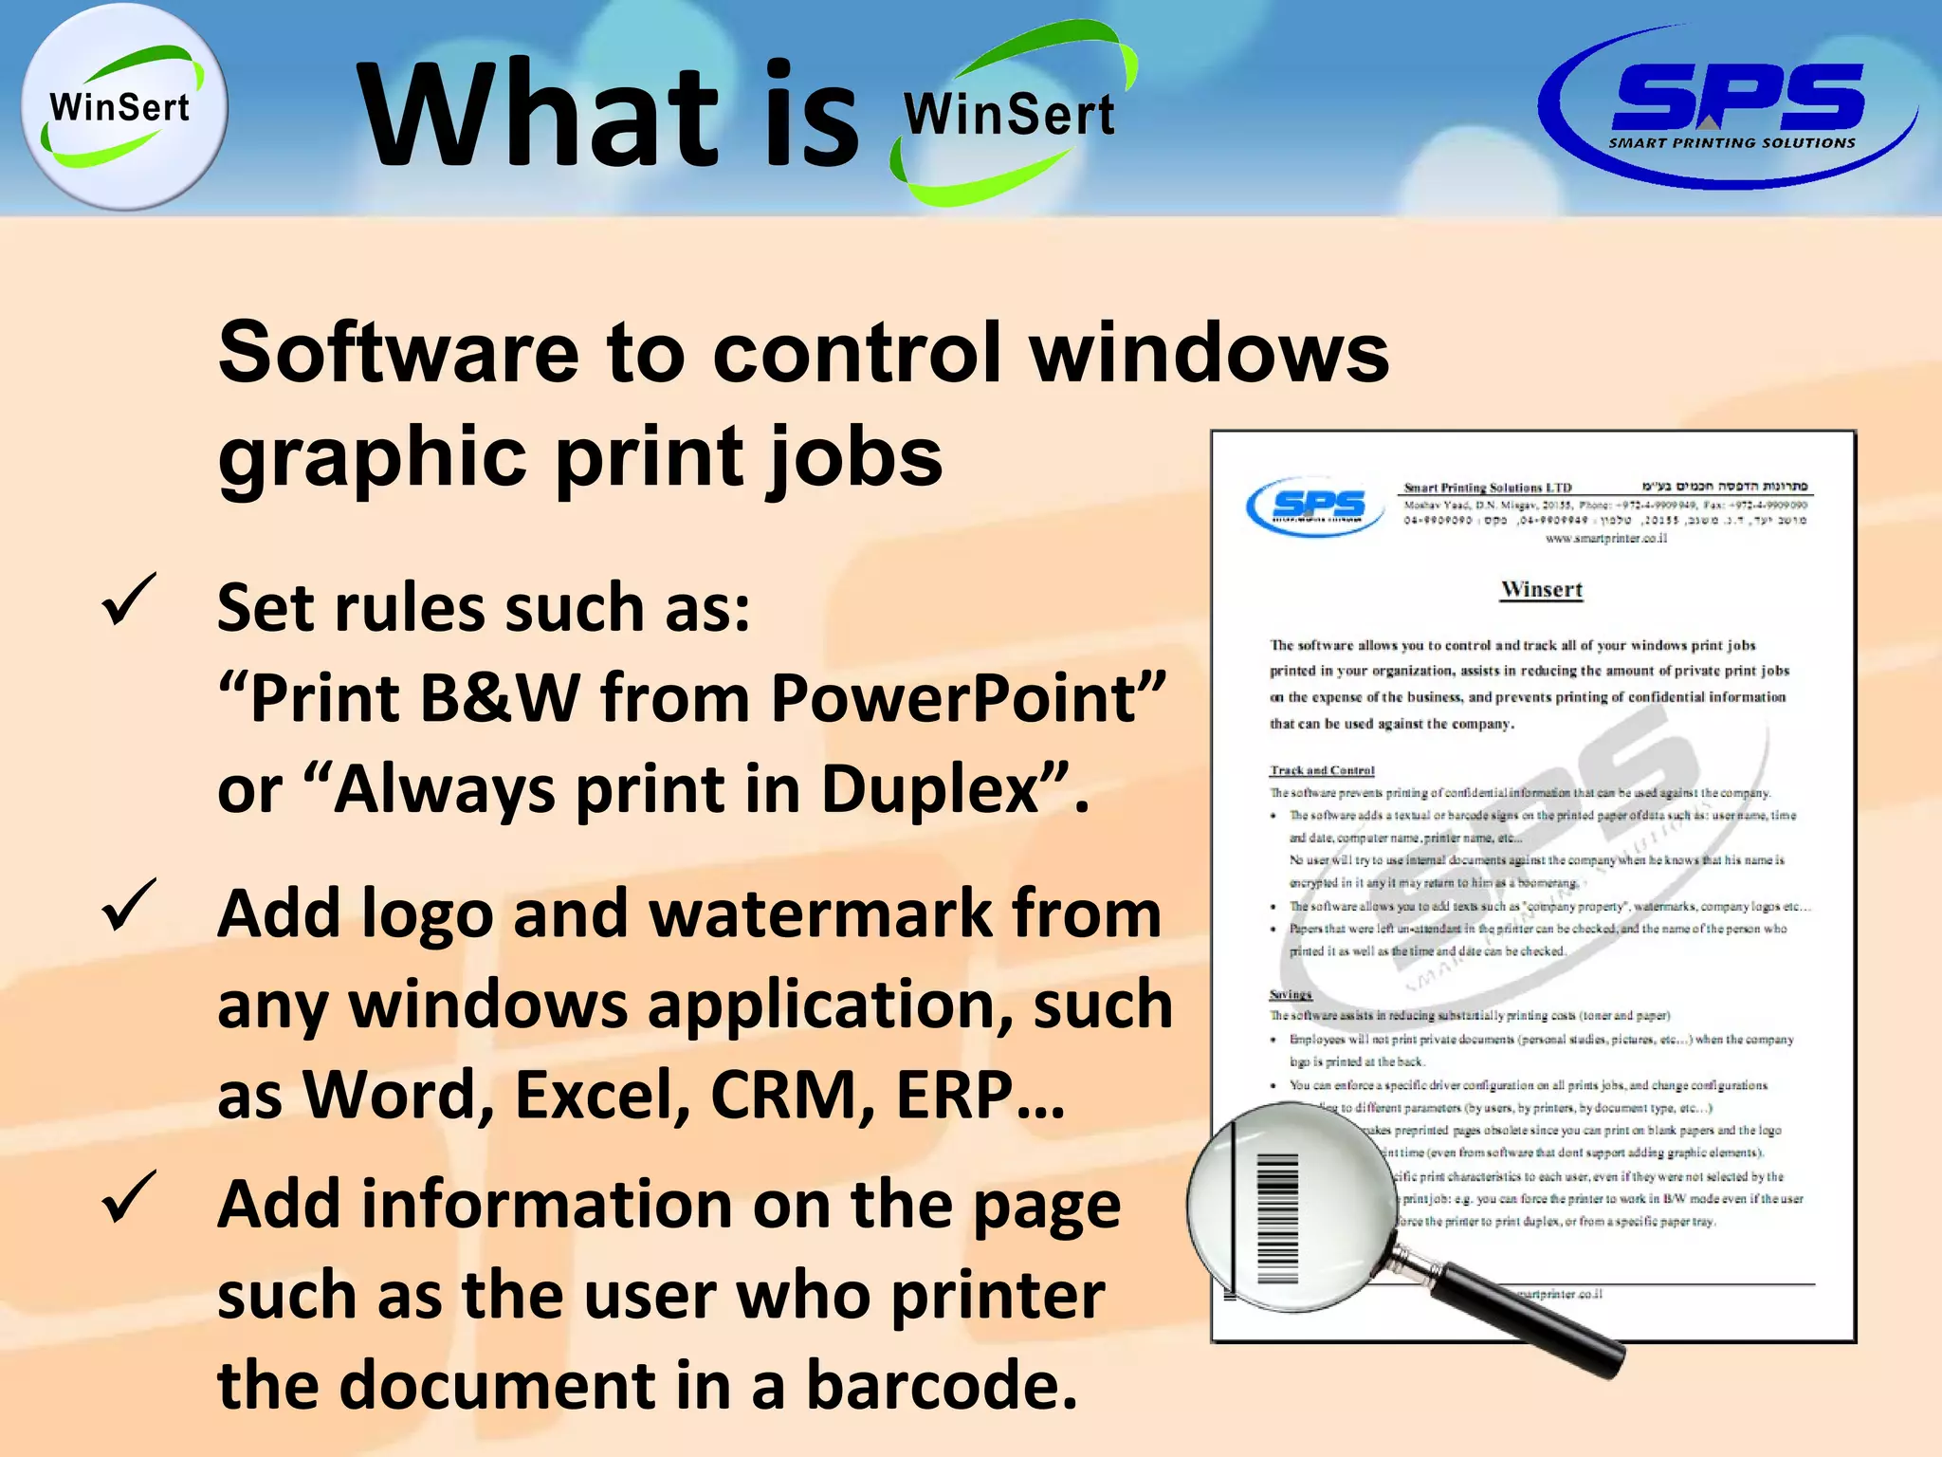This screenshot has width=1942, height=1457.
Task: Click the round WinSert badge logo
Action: point(123,106)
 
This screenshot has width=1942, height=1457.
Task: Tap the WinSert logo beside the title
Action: point(1011,114)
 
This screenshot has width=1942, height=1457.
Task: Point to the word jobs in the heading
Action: point(853,457)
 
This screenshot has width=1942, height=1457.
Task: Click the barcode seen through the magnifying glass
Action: point(1277,1219)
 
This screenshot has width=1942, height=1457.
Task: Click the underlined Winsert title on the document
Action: point(1542,590)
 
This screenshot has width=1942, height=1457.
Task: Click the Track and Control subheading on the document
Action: point(1322,770)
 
